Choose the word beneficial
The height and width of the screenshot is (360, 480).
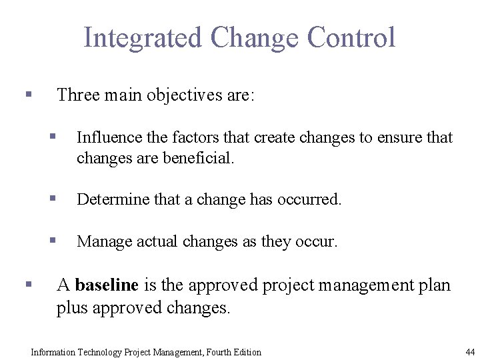199,158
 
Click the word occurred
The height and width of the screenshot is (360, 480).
310,199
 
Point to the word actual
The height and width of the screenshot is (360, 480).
157,241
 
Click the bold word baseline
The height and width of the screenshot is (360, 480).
107,285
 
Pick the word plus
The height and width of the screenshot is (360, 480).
72,308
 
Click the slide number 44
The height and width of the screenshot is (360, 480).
470,352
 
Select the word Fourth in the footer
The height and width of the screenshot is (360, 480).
219,352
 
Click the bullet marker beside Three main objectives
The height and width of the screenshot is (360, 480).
28,95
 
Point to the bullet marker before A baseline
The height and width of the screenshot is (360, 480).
28,284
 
